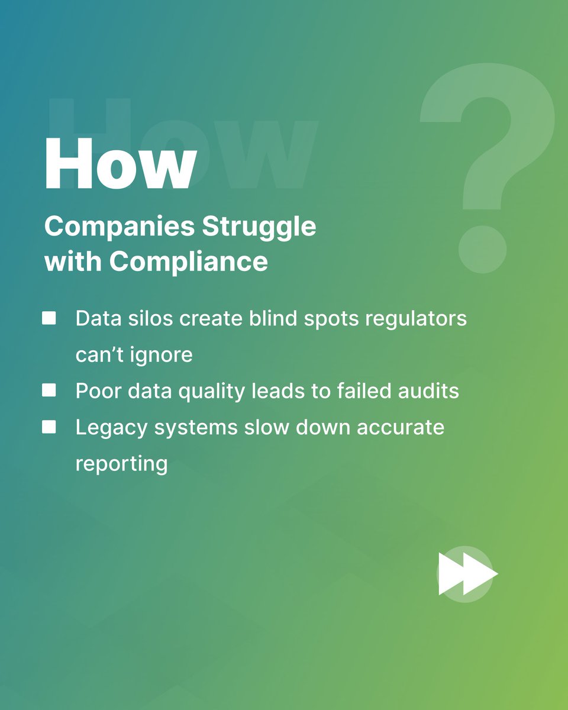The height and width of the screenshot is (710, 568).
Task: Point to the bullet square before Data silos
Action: click(49, 319)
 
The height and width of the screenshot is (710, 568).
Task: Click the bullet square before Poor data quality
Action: click(49, 390)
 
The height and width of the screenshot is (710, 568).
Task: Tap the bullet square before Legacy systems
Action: click(49, 427)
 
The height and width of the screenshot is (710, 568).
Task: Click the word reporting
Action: click(121, 464)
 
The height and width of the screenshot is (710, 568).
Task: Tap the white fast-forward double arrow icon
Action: click(468, 573)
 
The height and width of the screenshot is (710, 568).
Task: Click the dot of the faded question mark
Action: click(482, 250)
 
